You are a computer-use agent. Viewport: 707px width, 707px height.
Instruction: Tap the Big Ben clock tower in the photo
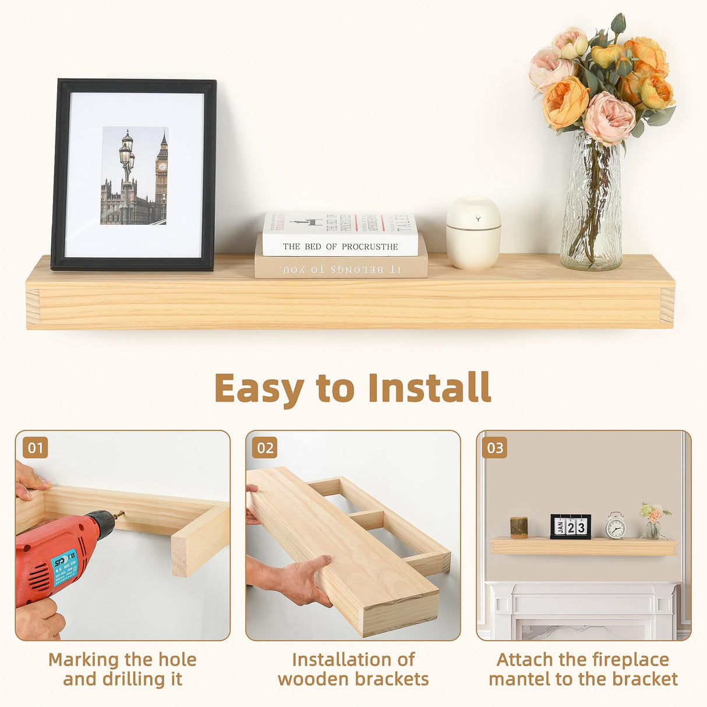pos(161,175)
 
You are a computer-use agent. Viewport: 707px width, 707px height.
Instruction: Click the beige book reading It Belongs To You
pos(341,268)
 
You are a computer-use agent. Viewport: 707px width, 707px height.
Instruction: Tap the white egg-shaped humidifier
pos(473,233)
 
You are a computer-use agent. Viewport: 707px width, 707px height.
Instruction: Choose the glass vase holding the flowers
pos(591,204)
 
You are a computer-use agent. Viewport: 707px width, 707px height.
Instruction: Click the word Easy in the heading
pos(259,388)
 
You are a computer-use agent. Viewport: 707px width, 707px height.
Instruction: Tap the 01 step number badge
pos(36,448)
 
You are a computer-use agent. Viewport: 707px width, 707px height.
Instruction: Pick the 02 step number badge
pos(265,448)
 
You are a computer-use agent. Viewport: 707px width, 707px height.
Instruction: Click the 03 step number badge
pos(495,448)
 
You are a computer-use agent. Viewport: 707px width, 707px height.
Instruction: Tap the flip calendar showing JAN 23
pos(570,526)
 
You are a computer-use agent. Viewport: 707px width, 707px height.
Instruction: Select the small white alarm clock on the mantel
pos(616,526)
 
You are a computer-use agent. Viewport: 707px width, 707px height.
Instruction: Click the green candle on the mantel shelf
pos(518,526)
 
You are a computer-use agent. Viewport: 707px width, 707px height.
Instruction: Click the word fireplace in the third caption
pos(632,660)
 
